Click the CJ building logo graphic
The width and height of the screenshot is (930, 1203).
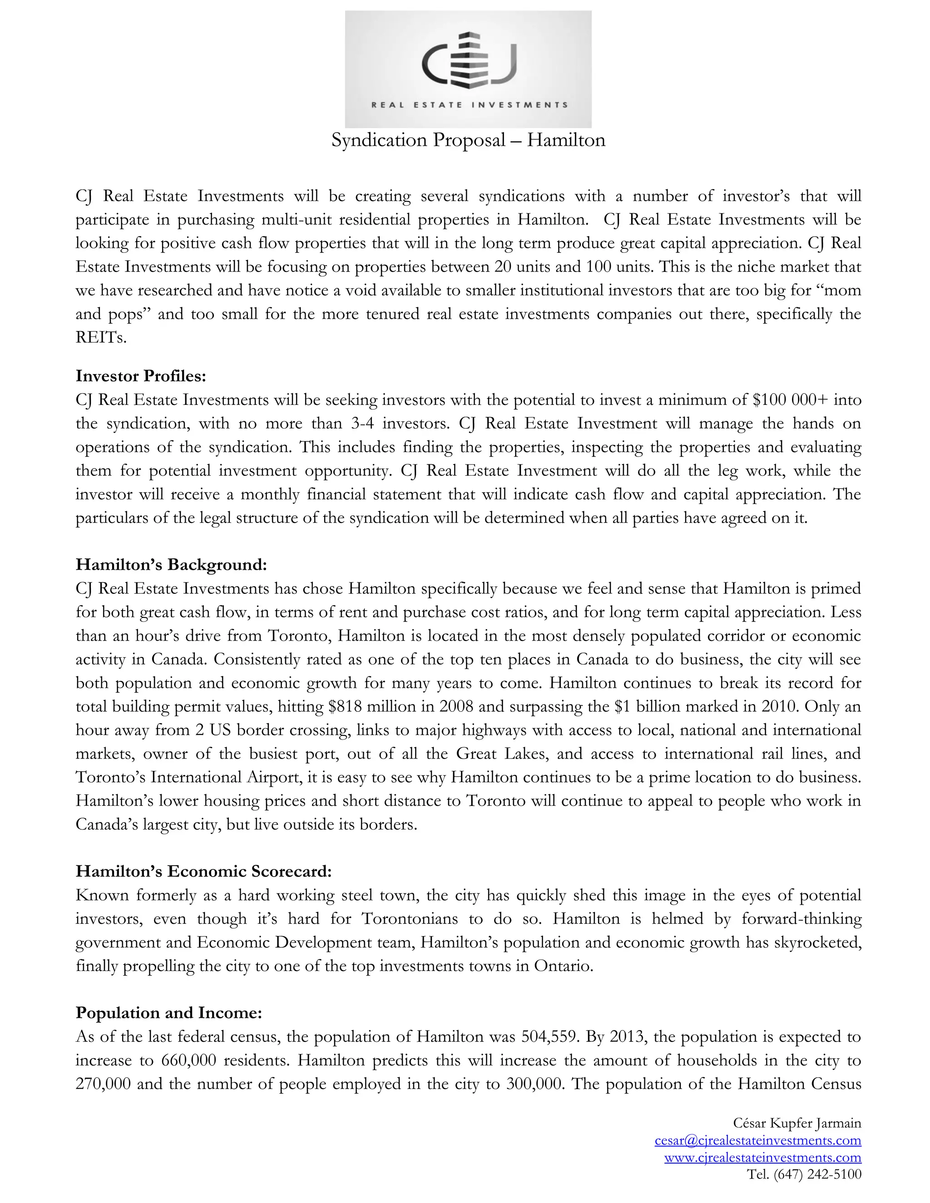(468, 59)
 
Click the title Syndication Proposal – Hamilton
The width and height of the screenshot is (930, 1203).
(468, 140)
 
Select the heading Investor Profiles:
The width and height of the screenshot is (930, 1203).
(140, 376)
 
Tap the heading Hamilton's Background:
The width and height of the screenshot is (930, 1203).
(171, 565)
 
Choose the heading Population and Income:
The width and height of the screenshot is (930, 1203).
(168, 1012)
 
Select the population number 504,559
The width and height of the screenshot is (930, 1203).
(549, 1037)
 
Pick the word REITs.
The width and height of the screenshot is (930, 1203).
(100, 338)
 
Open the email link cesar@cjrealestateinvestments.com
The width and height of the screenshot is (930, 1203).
(757, 1140)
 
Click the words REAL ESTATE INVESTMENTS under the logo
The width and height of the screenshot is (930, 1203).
(469, 105)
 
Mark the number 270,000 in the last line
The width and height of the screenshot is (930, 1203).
(103, 1084)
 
